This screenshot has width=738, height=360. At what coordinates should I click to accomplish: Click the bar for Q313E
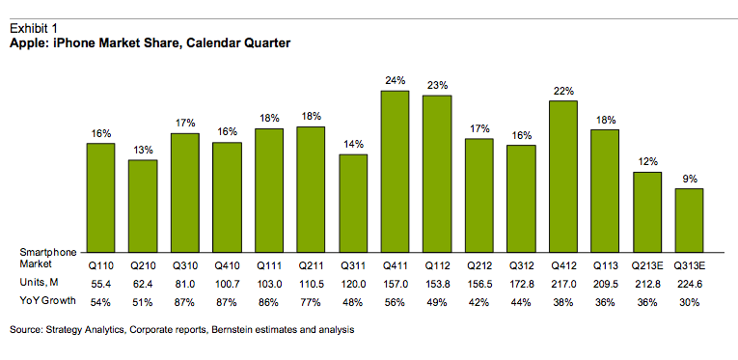[x=689, y=219]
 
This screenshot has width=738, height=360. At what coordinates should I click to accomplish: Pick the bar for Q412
[x=563, y=175]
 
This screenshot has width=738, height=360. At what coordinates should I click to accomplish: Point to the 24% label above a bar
[x=396, y=81]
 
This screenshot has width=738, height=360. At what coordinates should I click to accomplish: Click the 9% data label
[x=689, y=179]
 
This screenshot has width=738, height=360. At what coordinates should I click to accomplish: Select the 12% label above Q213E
[x=647, y=162]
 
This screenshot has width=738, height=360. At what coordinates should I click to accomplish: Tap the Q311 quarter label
[x=353, y=263]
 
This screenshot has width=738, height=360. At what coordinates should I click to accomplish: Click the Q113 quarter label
[x=605, y=263]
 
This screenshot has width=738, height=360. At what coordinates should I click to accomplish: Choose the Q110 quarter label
[x=100, y=263]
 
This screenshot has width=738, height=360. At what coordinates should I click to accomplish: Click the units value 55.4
[x=100, y=282]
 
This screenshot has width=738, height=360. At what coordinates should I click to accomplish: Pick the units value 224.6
[x=689, y=282]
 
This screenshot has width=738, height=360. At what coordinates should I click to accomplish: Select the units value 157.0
[x=396, y=282]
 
